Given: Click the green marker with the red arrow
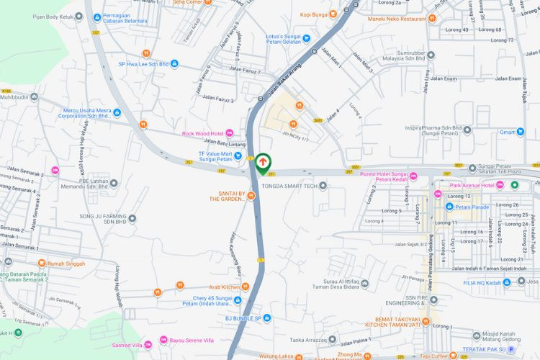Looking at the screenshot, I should (264, 162).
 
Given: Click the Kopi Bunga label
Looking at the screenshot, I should (315, 14).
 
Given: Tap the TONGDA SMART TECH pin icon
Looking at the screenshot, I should (323, 186).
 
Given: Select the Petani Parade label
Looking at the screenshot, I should (472, 207).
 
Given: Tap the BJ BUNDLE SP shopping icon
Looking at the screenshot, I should (267, 318).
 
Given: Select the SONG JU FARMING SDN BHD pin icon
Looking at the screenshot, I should (132, 217).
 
